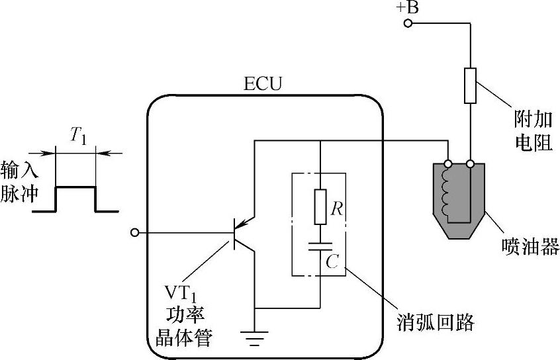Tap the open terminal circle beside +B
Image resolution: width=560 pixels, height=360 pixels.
[408, 24]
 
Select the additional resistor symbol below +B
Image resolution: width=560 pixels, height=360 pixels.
[470, 85]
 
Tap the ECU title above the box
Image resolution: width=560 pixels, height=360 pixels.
[263, 85]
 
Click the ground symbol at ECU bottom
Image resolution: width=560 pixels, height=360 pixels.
[254, 338]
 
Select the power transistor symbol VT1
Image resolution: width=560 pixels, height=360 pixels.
[240, 233]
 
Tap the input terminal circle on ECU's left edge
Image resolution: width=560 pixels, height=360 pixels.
[136, 232]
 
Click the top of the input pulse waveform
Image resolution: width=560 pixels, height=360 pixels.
[75, 187]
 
